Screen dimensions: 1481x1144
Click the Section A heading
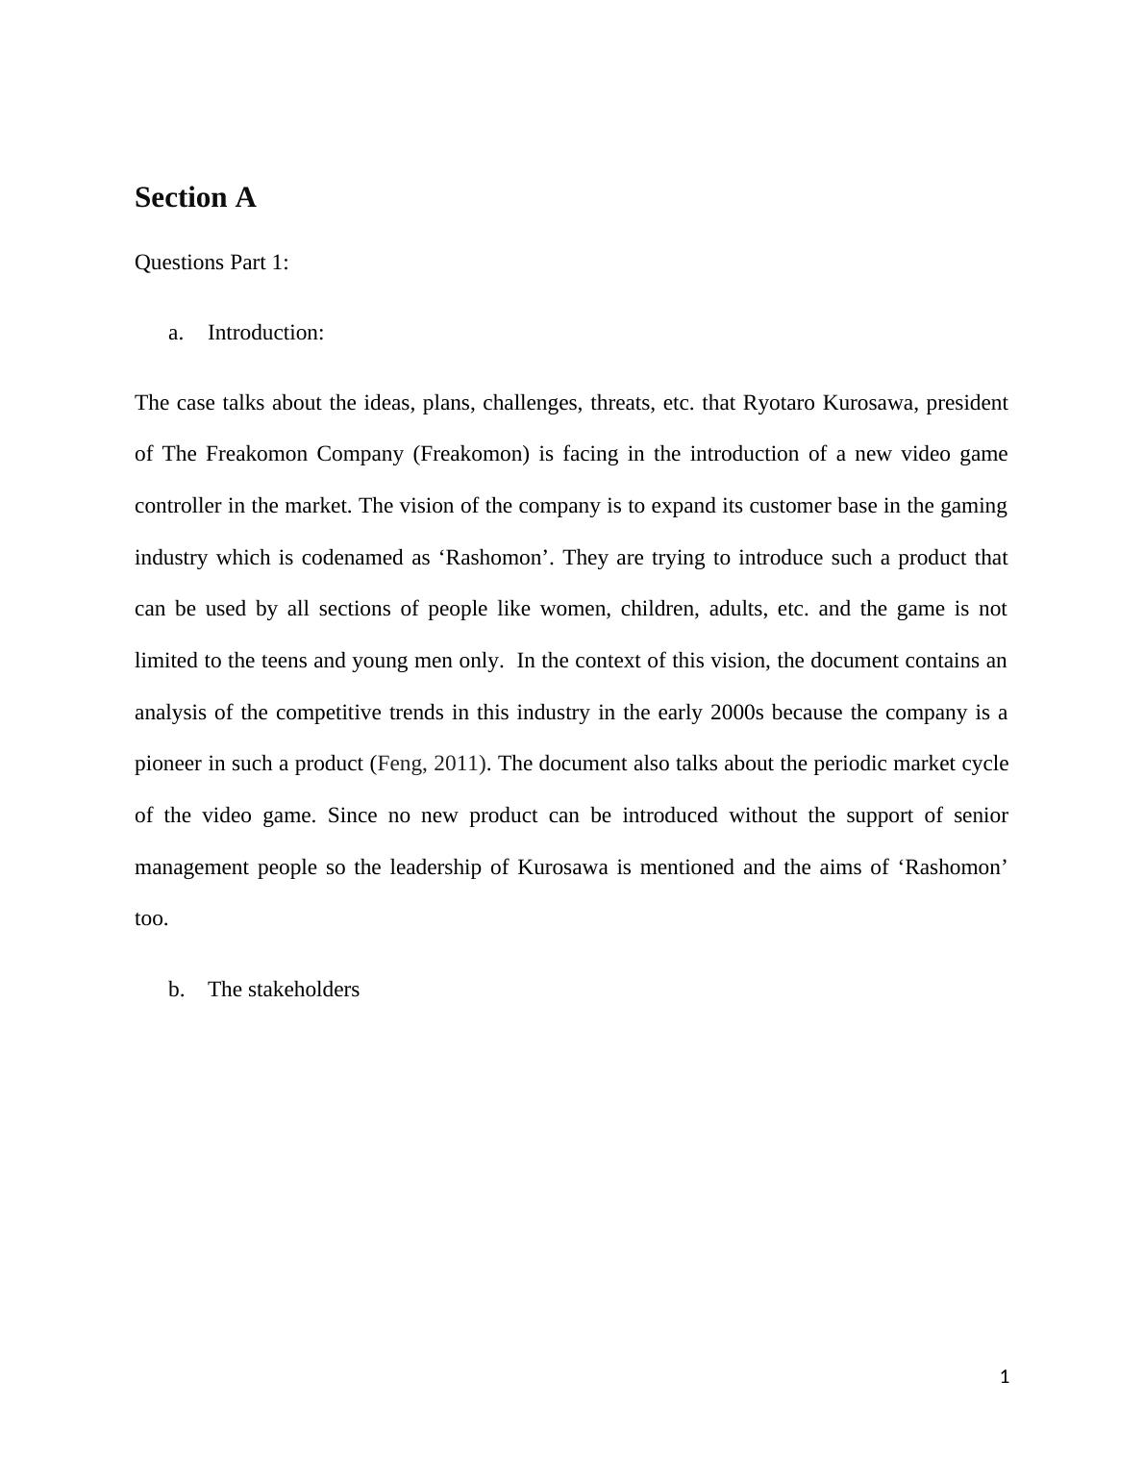[195, 197]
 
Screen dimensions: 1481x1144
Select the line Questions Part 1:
[211, 263]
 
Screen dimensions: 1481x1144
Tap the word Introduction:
[265, 333]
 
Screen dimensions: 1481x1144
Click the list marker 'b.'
[176, 990]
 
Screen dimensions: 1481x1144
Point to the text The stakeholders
[284, 990]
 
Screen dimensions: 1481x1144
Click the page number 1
[1005, 1377]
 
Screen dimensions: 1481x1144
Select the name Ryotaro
[779, 403]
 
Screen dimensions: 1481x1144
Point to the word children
[659, 609]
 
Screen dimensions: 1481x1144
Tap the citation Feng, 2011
[431, 764]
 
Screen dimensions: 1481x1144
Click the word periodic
[849, 764]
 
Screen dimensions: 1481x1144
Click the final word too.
[151, 918]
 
